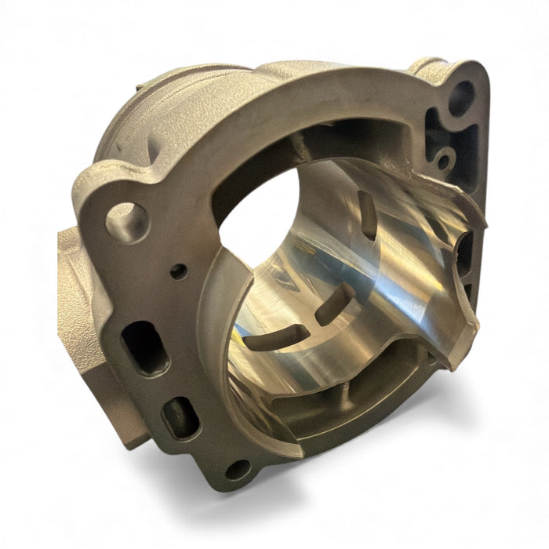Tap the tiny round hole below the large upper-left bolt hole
coord(180,271)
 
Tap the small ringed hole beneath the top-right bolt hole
coord(444,162)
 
